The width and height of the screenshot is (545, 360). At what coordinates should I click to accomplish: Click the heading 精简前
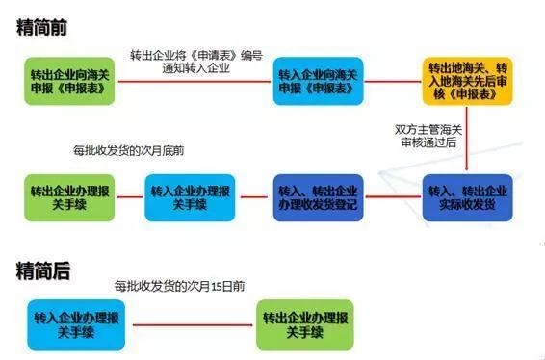pos(42,28)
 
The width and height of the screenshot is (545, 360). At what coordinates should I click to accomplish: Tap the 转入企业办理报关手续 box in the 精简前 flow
pos(184,196)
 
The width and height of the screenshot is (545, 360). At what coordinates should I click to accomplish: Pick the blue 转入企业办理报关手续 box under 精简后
pos(73,323)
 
